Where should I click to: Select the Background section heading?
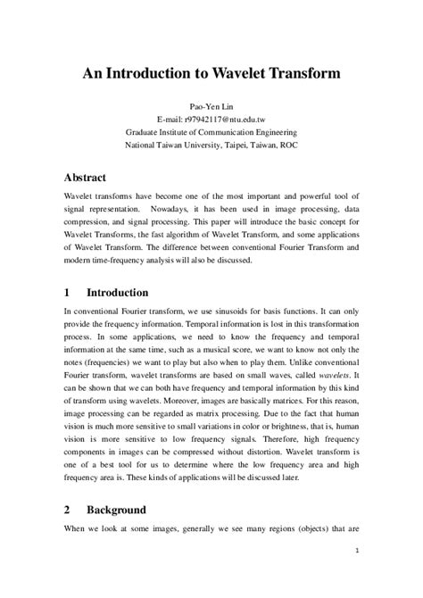coord(116,510)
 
